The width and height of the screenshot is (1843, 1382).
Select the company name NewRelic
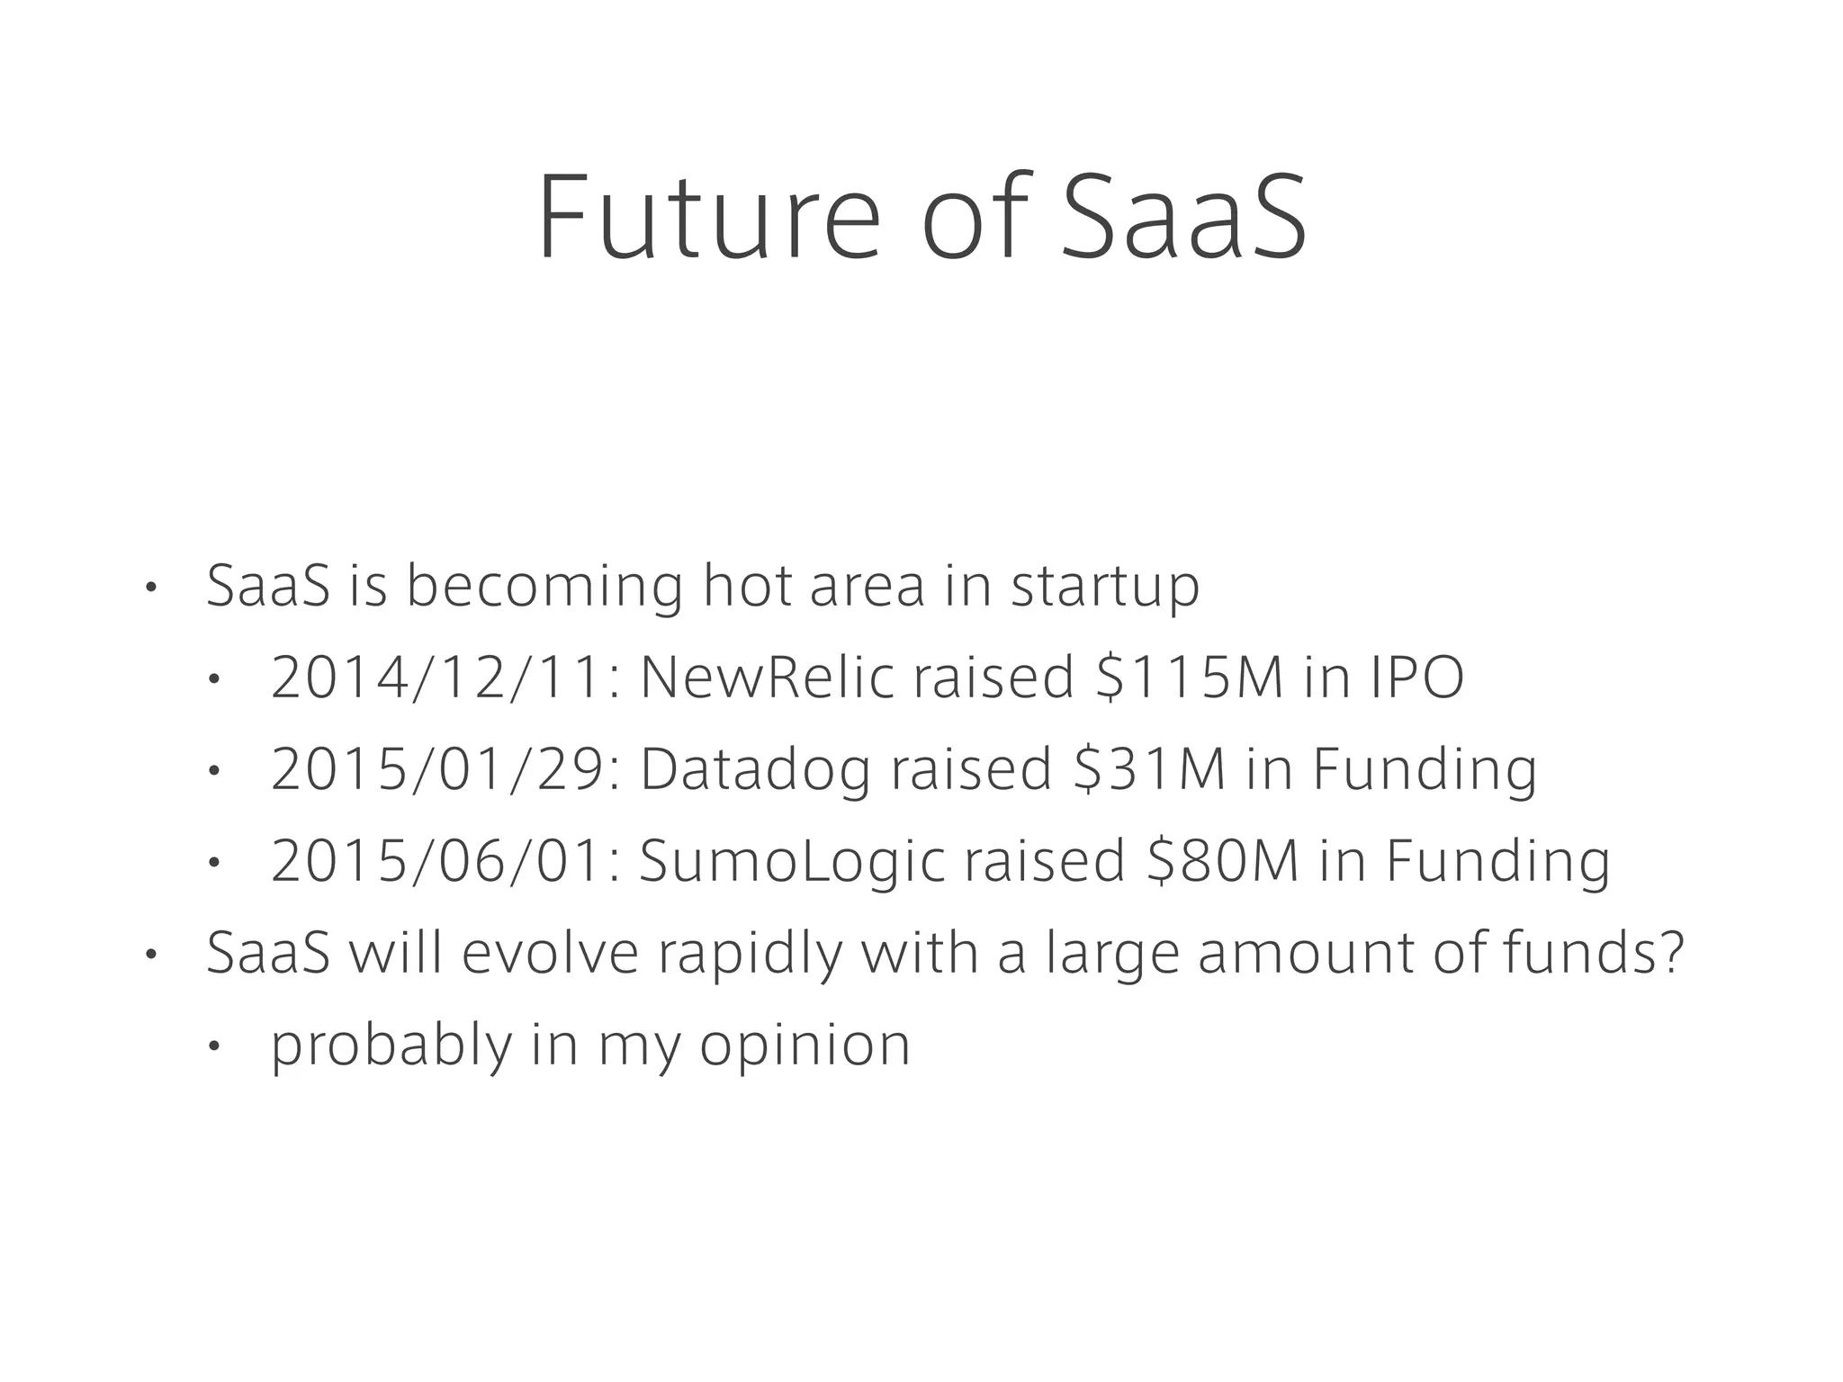(767, 677)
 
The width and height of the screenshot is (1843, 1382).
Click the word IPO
(1416, 677)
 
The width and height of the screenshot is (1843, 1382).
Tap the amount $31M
(1150, 769)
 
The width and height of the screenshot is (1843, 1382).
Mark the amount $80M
(1223, 861)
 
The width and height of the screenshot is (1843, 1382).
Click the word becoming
(544, 587)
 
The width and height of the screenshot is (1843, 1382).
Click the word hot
(746, 585)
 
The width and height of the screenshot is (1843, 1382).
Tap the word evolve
(550, 953)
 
